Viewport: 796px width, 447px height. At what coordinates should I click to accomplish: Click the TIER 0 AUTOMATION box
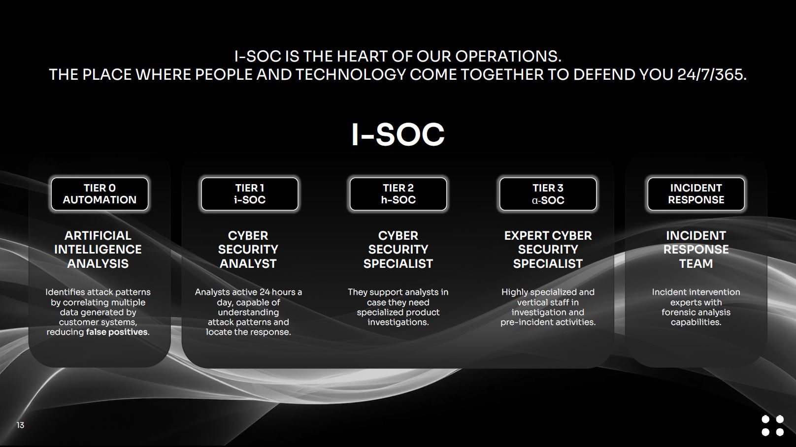[x=99, y=194]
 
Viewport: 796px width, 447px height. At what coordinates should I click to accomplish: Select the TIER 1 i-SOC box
[x=250, y=194]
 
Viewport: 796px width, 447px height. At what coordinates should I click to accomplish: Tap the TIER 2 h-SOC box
[x=398, y=194]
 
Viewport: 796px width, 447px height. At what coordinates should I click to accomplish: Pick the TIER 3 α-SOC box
[x=548, y=194]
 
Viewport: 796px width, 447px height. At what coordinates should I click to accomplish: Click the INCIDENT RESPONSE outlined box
[x=696, y=194]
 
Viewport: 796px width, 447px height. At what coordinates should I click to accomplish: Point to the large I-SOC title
[x=398, y=134]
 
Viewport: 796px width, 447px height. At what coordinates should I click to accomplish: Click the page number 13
[x=20, y=425]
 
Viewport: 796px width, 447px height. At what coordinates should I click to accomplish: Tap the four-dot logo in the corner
[x=772, y=425]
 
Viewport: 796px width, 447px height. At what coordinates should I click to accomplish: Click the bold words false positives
[x=117, y=332]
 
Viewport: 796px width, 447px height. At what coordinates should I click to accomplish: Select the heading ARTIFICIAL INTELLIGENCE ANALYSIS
[x=98, y=250]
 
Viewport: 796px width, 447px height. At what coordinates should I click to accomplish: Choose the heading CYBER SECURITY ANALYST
[x=248, y=250]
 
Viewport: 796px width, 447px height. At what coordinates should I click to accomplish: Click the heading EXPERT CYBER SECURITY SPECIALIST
[x=548, y=250]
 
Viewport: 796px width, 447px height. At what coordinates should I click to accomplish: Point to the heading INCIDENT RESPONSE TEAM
[x=696, y=250]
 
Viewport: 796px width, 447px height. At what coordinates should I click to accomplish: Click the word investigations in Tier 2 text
[x=398, y=322]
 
